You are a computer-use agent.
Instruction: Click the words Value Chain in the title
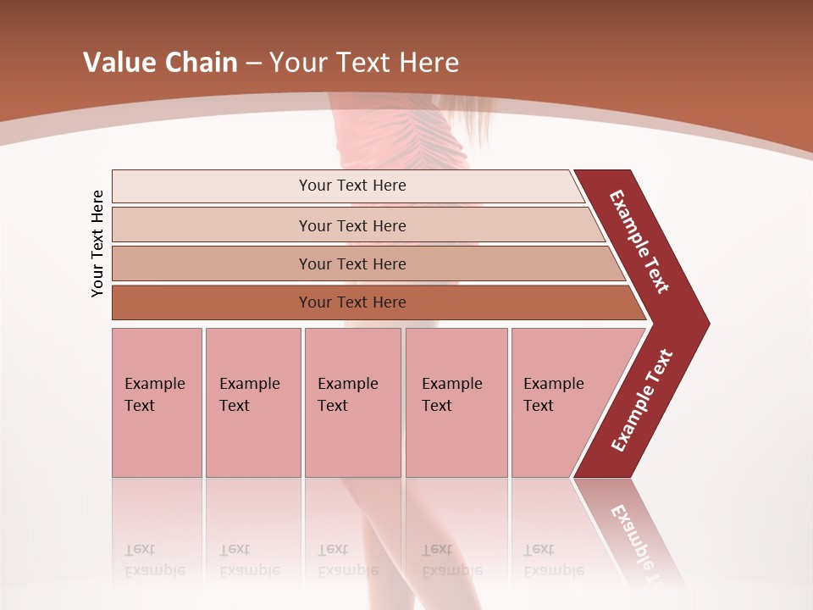[160, 63]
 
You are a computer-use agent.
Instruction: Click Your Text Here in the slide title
[364, 63]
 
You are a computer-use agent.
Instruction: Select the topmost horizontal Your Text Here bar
[352, 186]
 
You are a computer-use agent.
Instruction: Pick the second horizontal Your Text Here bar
[352, 225]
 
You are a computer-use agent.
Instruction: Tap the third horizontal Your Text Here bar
[352, 263]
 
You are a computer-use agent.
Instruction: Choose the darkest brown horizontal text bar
[352, 302]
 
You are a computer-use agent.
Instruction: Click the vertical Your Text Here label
[97, 244]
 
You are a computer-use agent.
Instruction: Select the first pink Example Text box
[157, 402]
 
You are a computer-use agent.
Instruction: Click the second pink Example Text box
[252, 402]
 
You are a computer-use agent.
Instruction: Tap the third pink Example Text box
[352, 402]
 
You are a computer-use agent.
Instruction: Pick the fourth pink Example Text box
[456, 402]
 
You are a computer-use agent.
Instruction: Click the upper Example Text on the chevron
[639, 241]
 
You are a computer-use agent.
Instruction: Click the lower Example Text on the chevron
[642, 401]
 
